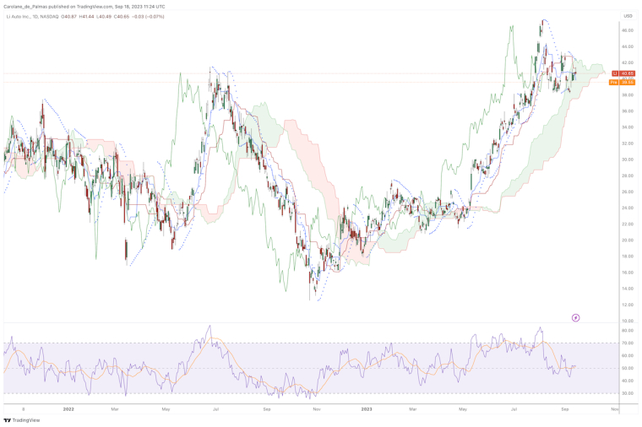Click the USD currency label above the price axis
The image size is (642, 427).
(627, 15)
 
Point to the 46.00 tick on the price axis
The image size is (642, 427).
(628, 30)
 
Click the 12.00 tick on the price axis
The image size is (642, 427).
(628, 305)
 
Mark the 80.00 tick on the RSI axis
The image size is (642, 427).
(628, 331)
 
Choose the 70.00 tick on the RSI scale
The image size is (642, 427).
(628, 343)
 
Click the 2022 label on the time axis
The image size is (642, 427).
(68, 408)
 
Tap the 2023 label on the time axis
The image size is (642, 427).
(367, 408)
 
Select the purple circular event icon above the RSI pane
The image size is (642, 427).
(575, 317)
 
